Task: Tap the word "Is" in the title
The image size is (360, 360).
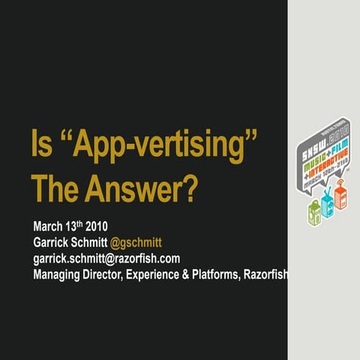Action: [x=41, y=142]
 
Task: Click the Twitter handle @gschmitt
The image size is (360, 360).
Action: [x=136, y=242]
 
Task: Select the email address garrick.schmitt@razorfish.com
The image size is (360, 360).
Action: [x=106, y=258]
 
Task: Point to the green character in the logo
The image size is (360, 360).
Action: [x=315, y=211]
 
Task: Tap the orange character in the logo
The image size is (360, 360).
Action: [x=341, y=197]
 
